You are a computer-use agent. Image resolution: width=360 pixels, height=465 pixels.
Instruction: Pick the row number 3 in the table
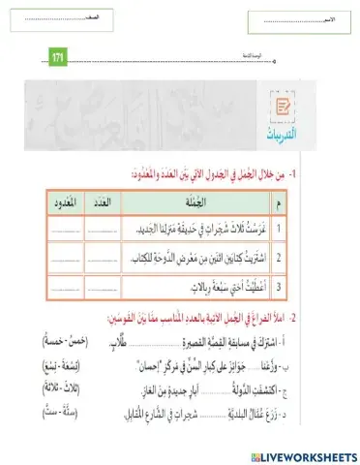(278, 287)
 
